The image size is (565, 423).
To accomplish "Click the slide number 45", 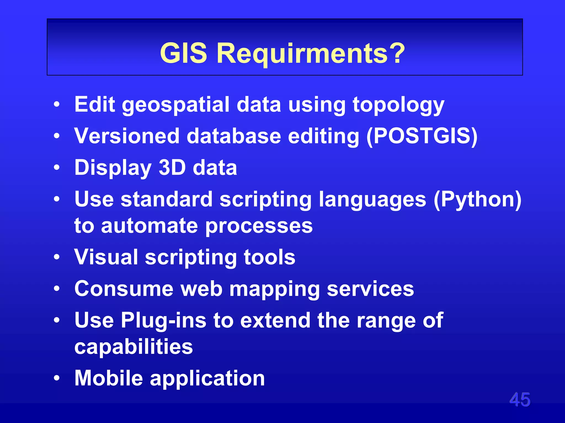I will tap(520, 400).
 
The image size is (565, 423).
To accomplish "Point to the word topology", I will tap(398, 105).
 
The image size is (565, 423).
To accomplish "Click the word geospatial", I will tap(176, 105).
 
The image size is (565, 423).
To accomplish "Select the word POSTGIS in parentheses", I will tap(422, 136).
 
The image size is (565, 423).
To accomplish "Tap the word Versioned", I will tap(127, 136).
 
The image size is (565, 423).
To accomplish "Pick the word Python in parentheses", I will tap(477, 199).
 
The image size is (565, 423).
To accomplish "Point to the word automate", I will tap(150, 226).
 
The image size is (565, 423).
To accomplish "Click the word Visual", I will tap(106, 257).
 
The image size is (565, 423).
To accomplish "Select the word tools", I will tap(270, 257).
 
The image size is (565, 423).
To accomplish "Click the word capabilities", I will tap(134, 347).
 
